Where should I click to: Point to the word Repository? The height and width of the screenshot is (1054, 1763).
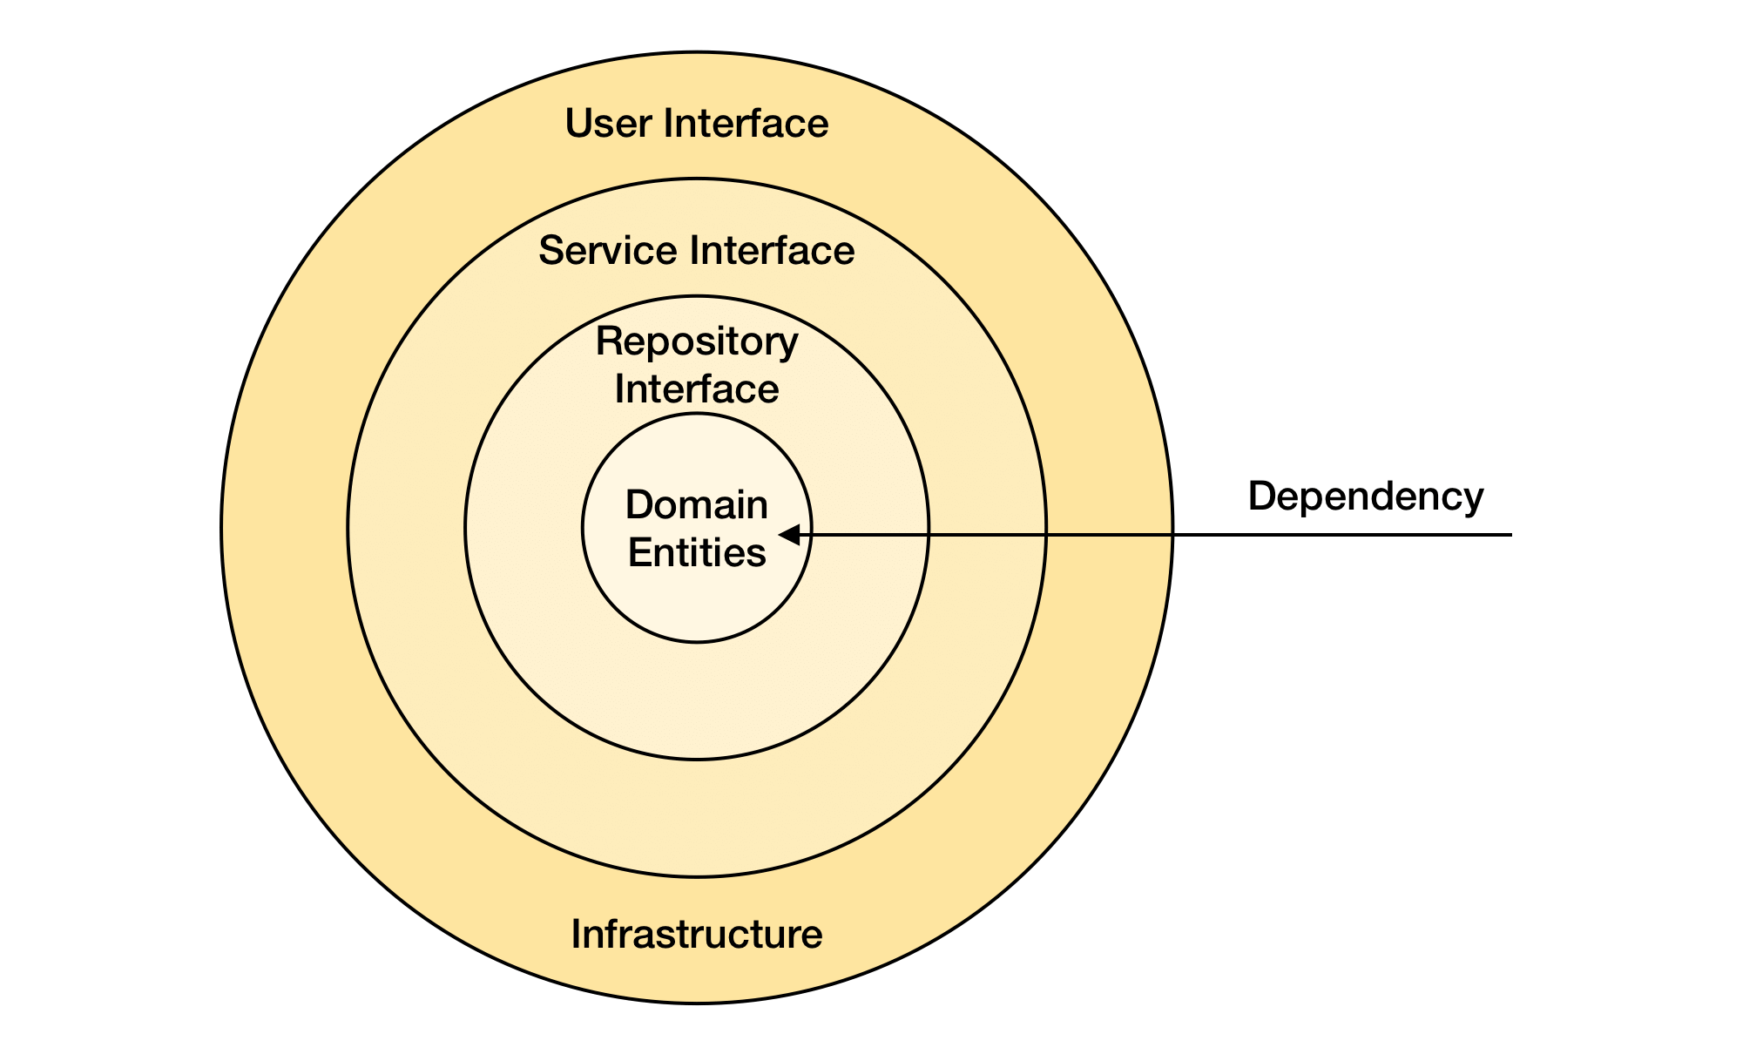[x=697, y=342]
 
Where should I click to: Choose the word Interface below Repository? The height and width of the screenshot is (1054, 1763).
[x=697, y=388]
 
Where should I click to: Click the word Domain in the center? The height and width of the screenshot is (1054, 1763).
[x=697, y=505]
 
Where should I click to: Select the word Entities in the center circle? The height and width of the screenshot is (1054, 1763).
[x=697, y=552]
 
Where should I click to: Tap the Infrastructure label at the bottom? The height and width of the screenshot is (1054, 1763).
[x=697, y=934]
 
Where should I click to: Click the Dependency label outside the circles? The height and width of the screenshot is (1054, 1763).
[x=1365, y=497]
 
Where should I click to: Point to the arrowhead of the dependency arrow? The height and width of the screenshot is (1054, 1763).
[x=789, y=534]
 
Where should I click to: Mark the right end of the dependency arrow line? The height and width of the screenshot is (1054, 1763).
[x=1510, y=534]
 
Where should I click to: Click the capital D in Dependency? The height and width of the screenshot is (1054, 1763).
[x=1260, y=497]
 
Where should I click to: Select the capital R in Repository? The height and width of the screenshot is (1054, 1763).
[x=607, y=341]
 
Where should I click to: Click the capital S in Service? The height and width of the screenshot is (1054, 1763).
[x=551, y=251]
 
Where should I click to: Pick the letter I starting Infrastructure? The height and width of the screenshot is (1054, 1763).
[x=576, y=934]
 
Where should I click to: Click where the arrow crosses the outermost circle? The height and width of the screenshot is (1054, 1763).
[x=1172, y=534]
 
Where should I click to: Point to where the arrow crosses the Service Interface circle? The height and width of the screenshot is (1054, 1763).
[x=1046, y=534]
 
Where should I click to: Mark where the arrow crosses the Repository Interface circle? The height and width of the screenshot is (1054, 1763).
[x=929, y=534]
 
